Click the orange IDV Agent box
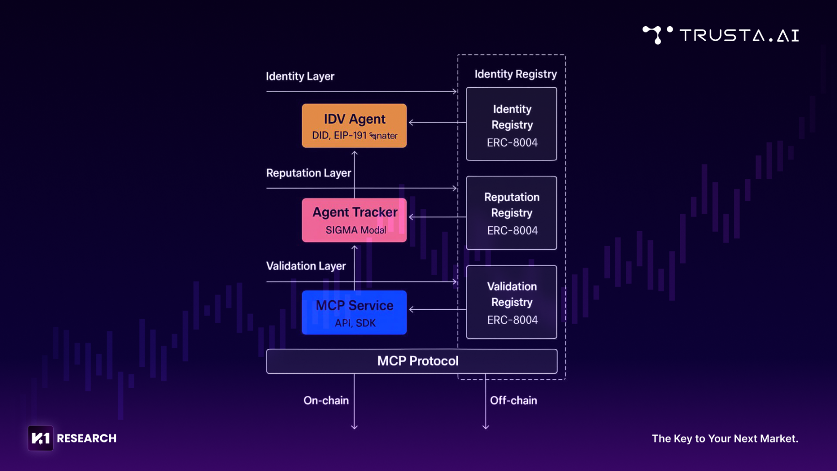(x=354, y=126)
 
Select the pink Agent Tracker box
(x=354, y=220)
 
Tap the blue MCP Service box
(x=354, y=313)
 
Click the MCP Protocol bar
(x=412, y=361)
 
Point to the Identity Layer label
(x=300, y=77)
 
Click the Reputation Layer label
(x=309, y=173)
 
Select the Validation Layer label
(x=306, y=266)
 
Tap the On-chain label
(x=326, y=400)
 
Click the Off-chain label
(x=513, y=400)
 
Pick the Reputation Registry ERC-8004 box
(x=511, y=213)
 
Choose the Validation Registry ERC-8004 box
(x=511, y=302)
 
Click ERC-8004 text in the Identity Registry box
(x=512, y=142)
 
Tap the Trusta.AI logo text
(x=739, y=35)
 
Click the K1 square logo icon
(x=40, y=438)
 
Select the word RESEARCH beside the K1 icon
(x=87, y=439)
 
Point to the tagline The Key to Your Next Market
(x=725, y=439)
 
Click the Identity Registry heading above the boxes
(x=515, y=74)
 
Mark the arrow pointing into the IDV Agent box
(x=412, y=123)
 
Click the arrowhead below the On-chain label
(x=355, y=426)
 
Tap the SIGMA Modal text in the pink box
(x=356, y=230)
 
